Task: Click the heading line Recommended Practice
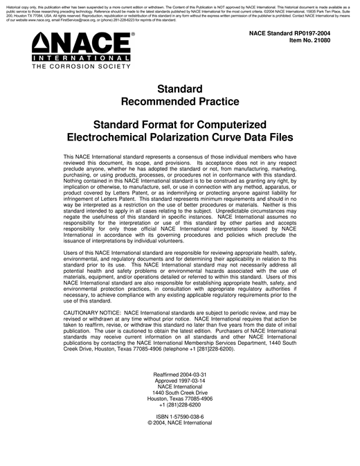(180, 102)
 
